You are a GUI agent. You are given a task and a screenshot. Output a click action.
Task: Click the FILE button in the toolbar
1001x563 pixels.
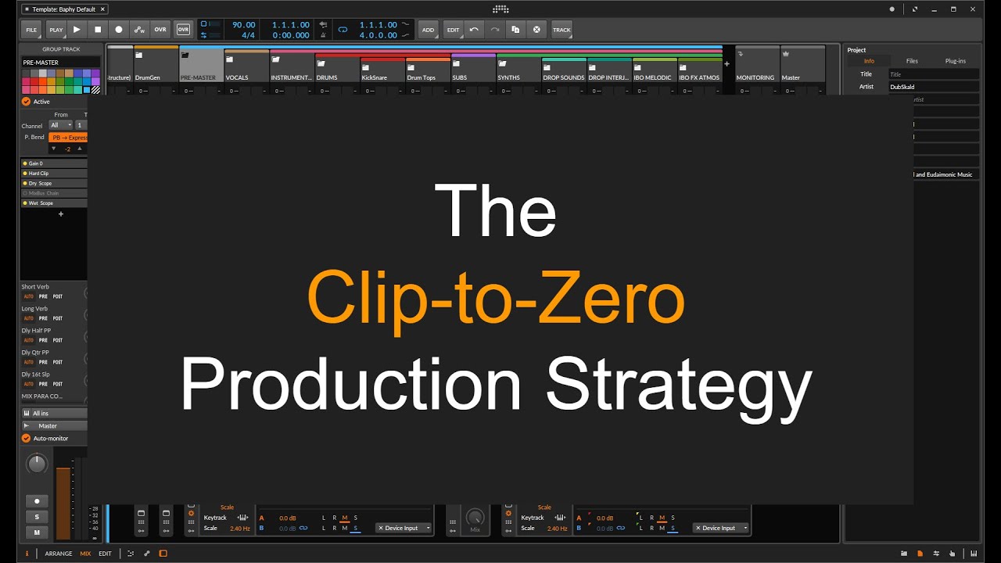(x=31, y=30)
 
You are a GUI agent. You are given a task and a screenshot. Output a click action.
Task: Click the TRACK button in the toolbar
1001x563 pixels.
(x=561, y=30)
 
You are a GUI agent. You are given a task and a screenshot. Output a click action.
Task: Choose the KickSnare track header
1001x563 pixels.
(x=382, y=70)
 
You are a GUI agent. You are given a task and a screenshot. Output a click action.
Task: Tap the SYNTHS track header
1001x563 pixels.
(x=518, y=70)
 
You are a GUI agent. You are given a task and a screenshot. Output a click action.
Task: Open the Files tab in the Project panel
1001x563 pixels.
(x=912, y=61)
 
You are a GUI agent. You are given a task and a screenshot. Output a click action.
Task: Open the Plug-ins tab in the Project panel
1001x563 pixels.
(x=955, y=61)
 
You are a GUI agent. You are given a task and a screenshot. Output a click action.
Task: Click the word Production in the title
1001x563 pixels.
(x=350, y=384)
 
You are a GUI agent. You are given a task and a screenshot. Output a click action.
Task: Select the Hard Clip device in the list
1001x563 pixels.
(x=39, y=174)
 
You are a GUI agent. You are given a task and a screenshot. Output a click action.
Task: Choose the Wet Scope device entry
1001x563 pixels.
(x=41, y=203)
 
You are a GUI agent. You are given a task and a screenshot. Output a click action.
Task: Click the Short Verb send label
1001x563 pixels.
(x=35, y=287)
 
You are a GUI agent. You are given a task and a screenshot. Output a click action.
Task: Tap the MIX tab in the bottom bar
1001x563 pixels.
(x=85, y=554)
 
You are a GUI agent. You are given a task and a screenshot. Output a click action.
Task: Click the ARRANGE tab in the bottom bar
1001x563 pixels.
(x=59, y=554)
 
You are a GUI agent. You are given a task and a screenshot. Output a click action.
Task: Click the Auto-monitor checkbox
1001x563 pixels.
(x=26, y=439)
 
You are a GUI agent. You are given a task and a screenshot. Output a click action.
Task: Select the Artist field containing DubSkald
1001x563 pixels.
(x=933, y=87)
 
